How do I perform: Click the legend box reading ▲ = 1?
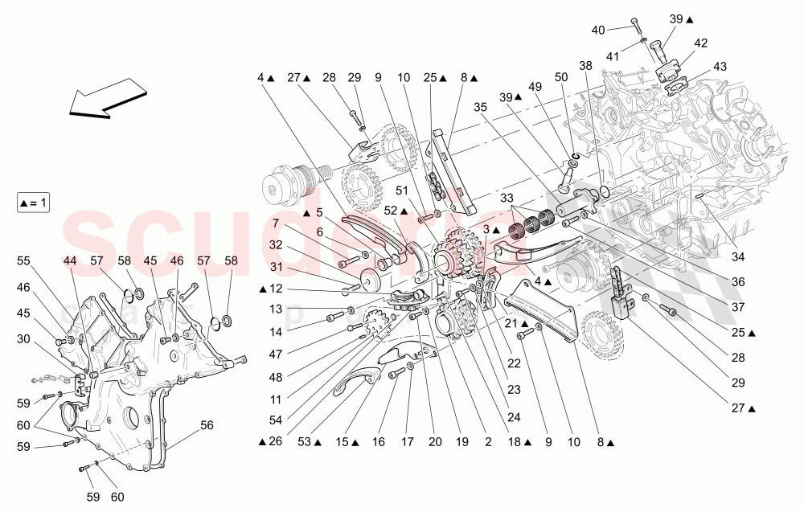tap(33, 203)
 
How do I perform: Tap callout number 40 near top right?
tap(598, 31)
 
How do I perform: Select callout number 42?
tap(701, 43)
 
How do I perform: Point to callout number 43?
tap(720, 66)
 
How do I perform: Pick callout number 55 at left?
tap(23, 261)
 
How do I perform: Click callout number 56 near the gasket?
tap(207, 426)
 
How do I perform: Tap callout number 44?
tap(71, 261)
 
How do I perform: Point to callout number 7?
tap(275, 223)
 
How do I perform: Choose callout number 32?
tap(275, 245)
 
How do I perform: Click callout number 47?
tap(275, 354)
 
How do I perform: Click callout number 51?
tap(402, 190)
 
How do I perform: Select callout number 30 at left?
tap(23, 340)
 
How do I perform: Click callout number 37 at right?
tap(738, 307)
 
